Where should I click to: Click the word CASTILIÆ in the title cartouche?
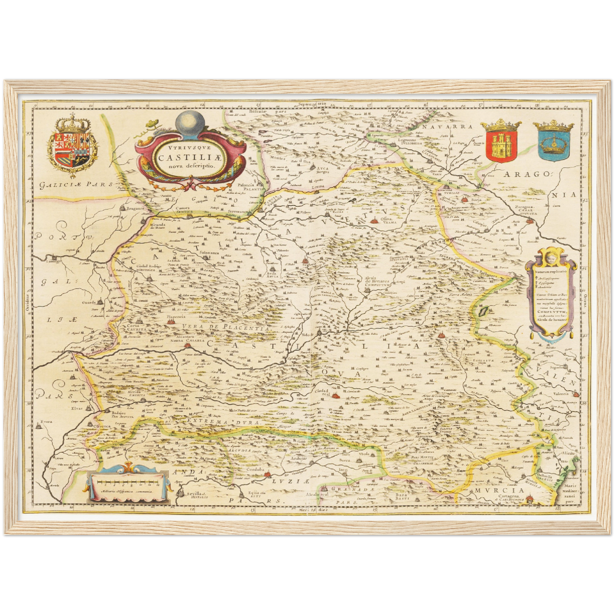(x=189, y=157)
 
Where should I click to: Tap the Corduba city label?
(x=255, y=469)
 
